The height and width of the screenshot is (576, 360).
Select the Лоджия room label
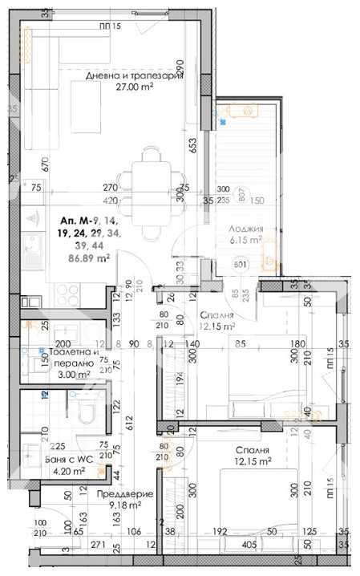(x=245, y=228)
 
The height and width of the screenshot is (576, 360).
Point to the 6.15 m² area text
(x=246, y=240)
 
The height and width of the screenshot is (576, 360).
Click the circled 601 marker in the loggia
(x=241, y=264)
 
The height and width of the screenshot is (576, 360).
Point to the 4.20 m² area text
(x=68, y=472)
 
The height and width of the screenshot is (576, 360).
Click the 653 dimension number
(x=192, y=145)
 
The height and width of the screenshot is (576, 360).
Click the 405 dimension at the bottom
(x=249, y=546)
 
